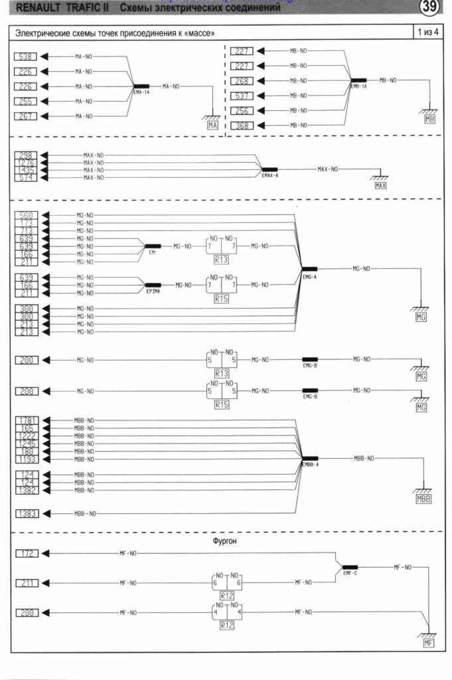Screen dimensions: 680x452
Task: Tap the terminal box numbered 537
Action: click(242, 96)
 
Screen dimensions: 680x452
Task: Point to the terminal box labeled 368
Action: click(242, 126)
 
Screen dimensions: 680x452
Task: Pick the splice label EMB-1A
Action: click(358, 86)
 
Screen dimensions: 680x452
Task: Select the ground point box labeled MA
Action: click(213, 124)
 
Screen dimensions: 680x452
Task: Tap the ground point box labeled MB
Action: click(429, 120)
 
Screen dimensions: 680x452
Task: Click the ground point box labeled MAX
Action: click(380, 186)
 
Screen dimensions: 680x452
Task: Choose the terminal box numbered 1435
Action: click(27, 170)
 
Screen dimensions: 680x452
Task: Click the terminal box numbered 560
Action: click(27, 215)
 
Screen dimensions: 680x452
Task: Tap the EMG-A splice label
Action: click(309, 277)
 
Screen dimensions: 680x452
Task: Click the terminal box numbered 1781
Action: click(27, 420)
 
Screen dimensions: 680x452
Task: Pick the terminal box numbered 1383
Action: click(27, 513)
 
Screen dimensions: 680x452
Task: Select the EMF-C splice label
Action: click(350, 572)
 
